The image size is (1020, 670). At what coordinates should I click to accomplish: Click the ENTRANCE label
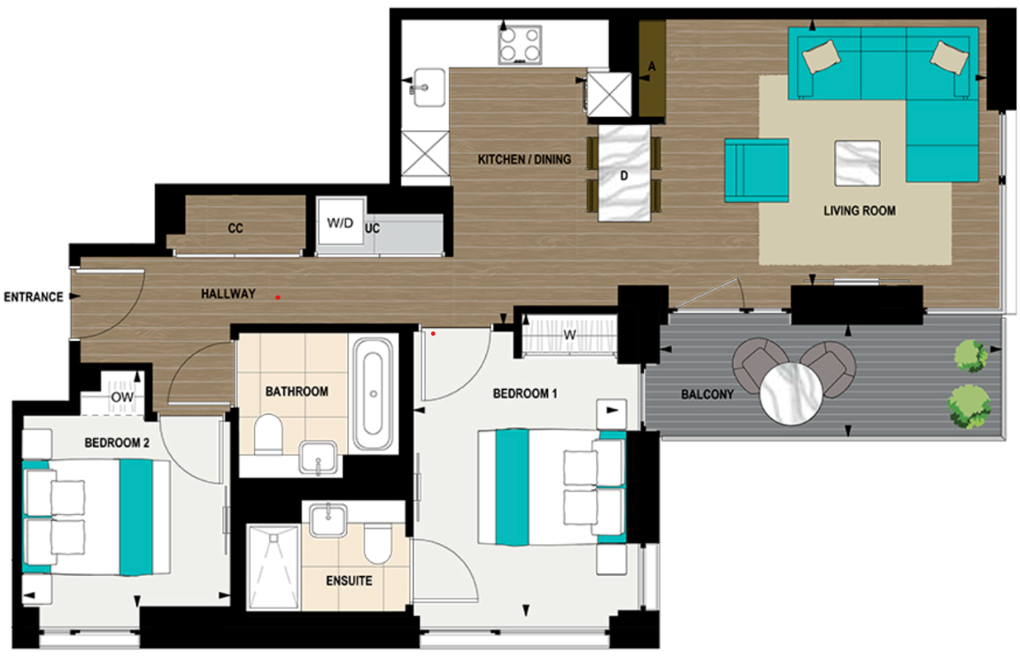pyautogui.click(x=34, y=297)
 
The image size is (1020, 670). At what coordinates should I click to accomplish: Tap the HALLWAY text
pyautogui.click(x=228, y=293)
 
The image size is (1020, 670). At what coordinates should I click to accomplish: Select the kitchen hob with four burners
pyautogui.click(x=520, y=43)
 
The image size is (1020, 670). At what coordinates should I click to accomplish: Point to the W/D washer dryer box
pyautogui.click(x=339, y=222)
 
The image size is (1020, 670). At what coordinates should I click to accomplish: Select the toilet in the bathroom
pyautogui.click(x=267, y=435)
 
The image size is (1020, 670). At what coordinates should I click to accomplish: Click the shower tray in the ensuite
pyautogui.click(x=273, y=566)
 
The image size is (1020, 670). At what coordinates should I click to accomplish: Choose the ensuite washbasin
pyautogui.click(x=328, y=518)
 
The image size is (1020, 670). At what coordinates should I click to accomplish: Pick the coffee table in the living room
pyautogui.click(x=857, y=163)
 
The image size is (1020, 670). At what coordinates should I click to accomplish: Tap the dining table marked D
pyautogui.click(x=623, y=174)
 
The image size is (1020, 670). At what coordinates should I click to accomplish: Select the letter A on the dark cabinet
pyautogui.click(x=652, y=66)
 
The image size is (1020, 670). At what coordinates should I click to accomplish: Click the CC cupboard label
pyautogui.click(x=235, y=229)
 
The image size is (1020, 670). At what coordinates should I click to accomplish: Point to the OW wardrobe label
pyautogui.click(x=122, y=398)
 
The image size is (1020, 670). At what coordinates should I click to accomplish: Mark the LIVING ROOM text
pyautogui.click(x=859, y=211)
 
